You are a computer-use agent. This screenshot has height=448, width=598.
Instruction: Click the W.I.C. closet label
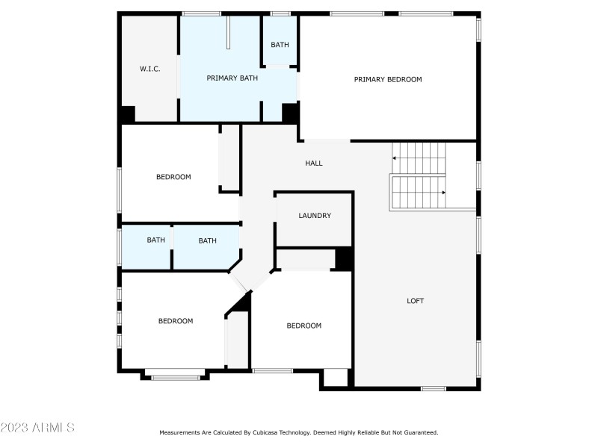tap(149, 69)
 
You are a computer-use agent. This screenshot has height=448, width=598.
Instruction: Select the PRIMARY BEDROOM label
tap(388, 79)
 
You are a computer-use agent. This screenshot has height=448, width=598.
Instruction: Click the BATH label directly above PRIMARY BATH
tap(280, 45)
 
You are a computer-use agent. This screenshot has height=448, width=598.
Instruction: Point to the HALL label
tap(314, 163)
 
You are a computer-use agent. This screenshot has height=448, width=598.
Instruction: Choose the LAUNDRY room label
tap(315, 216)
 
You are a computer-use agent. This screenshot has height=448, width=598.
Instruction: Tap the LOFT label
tap(415, 301)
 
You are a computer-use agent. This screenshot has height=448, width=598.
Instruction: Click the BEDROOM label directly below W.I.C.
tap(173, 177)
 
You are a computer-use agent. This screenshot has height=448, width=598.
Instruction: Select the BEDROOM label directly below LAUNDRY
tap(304, 326)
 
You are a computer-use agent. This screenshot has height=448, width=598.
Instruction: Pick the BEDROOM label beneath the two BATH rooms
tap(176, 321)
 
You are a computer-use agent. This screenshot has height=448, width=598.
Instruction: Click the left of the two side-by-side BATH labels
tap(155, 240)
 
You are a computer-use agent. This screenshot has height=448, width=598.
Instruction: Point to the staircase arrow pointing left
tap(395, 158)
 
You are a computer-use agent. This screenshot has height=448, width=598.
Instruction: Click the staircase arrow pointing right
tap(443, 193)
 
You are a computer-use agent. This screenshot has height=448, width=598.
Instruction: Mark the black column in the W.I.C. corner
tap(127, 114)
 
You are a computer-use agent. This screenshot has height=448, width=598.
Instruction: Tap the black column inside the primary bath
tap(290, 113)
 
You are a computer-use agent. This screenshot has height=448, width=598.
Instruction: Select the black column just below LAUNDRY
tap(344, 258)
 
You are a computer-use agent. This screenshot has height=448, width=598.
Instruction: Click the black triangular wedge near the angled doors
tap(241, 302)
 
